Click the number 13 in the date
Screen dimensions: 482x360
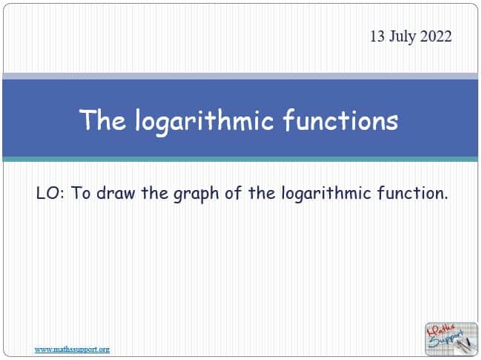[x=377, y=36]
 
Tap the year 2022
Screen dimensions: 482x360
[x=436, y=36]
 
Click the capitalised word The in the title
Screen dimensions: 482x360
[x=102, y=120]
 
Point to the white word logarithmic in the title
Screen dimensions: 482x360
[x=205, y=121]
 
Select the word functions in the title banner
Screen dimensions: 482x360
[x=340, y=120]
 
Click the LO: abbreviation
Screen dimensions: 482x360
[x=50, y=193]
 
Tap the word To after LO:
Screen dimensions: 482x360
[x=81, y=193]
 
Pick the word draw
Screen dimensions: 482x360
[x=116, y=193]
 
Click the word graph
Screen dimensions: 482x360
[x=196, y=194]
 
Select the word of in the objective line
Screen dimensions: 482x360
[x=233, y=192]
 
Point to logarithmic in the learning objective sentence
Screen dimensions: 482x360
[x=326, y=194]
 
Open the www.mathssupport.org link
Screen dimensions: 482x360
[x=72, y=350]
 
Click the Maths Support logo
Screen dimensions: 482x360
[x=452, y=339]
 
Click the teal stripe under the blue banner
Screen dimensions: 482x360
[x=240, y=159]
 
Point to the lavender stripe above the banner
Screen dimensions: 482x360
[x=240, y=76]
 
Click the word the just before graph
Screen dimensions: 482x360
[x=155, y=192]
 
